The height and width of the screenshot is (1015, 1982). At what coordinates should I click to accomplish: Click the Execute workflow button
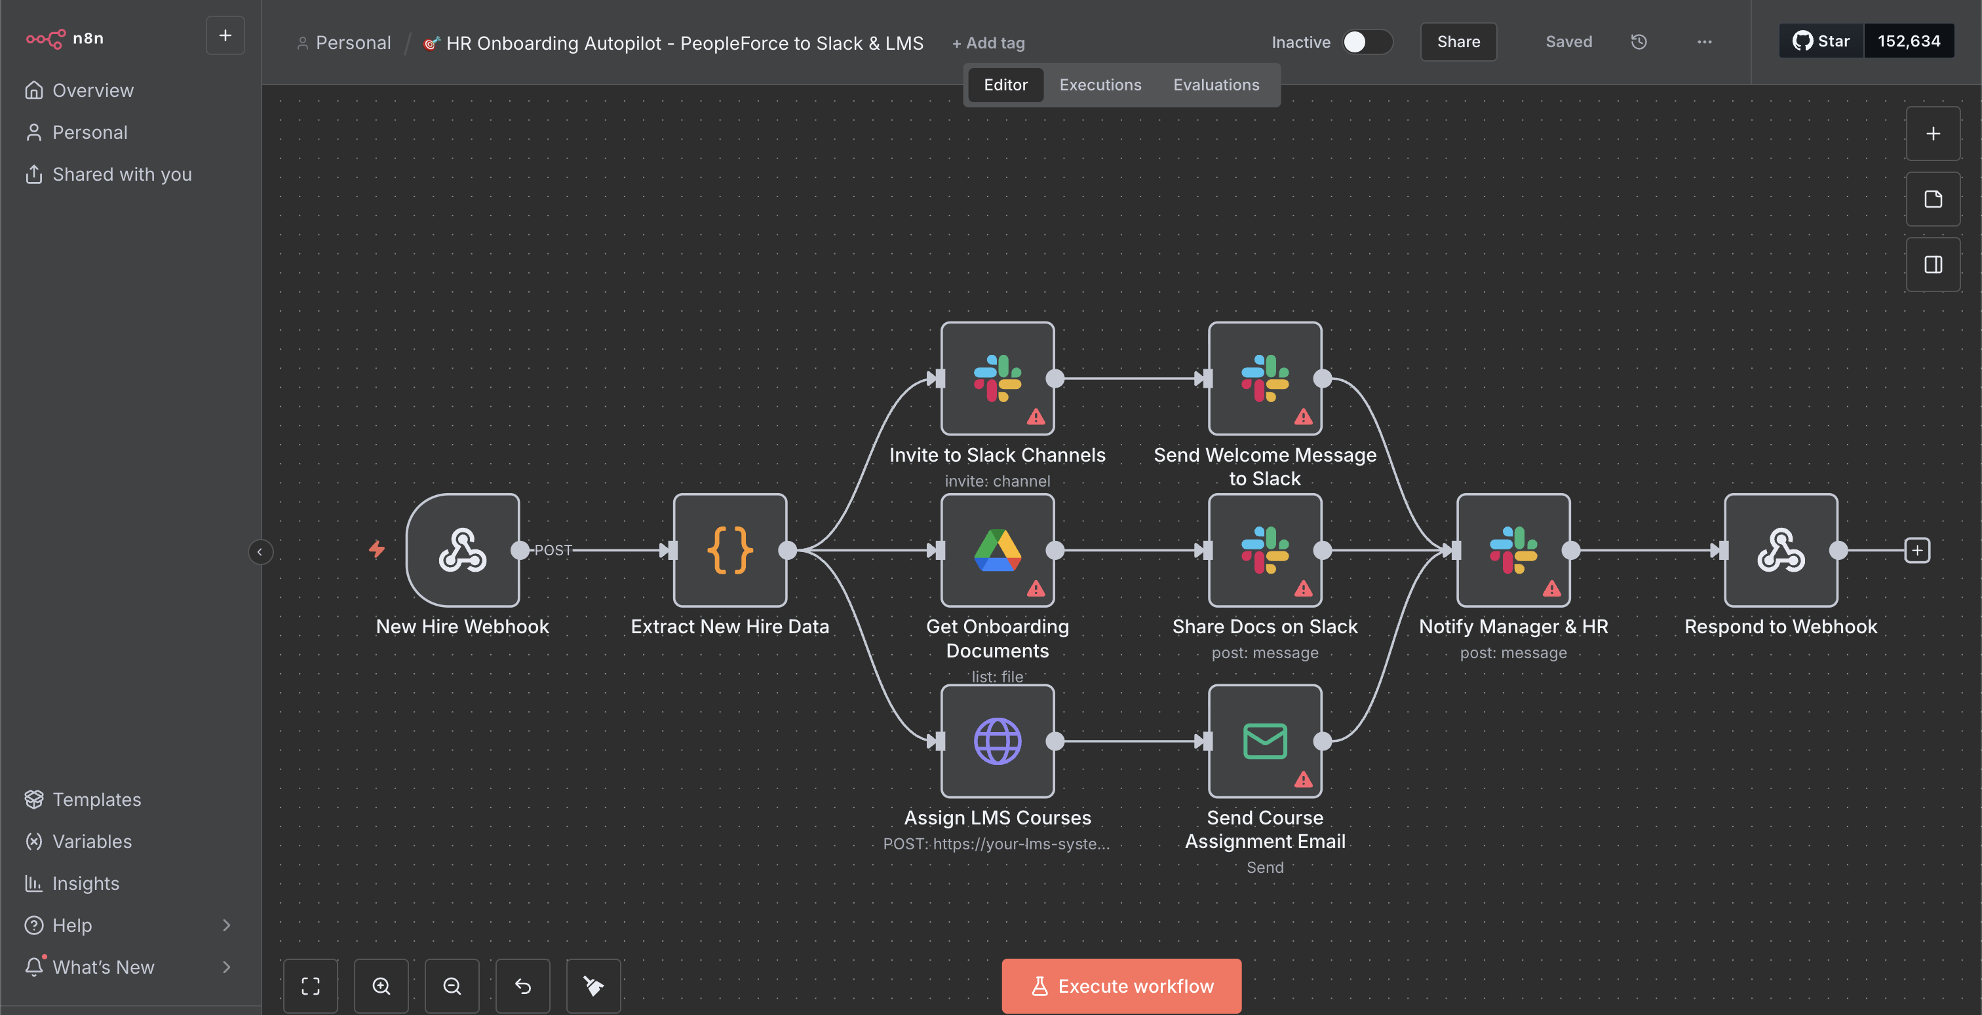coord(1121,986)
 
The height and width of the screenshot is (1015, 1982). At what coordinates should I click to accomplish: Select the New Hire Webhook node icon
coord(463,550)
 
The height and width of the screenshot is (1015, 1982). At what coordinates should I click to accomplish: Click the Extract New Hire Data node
coord(729,550)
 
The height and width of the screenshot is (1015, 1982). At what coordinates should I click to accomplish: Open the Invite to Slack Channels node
coord(997,378)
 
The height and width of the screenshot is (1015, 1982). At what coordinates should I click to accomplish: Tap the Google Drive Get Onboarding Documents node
coord(997,550)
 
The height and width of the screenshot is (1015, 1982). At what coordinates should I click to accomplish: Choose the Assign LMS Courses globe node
coord(997,741)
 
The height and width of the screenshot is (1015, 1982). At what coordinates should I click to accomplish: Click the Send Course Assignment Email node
coord(1264,741)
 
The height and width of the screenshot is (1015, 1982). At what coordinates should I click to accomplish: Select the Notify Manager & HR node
coord(1513,550)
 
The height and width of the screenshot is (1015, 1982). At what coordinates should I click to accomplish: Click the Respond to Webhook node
coord(1780,550)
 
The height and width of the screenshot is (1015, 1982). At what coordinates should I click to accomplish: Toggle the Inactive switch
coord(1367,43)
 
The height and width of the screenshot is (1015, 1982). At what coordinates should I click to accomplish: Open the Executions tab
coord(1100,84)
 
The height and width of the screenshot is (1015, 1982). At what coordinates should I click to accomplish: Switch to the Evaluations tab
coord(1216,84)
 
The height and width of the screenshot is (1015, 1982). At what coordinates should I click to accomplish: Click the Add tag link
coord(988,43)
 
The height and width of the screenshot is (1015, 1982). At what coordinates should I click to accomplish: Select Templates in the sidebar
coord(96,800)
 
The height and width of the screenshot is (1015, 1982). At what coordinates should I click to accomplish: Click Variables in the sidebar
coord(92,841)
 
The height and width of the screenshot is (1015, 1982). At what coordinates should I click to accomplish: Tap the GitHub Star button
coord(1821,41)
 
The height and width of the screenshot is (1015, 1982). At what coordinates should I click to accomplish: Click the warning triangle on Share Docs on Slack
coord(1302,589)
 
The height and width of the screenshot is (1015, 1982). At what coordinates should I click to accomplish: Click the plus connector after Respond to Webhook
coord(1916,550)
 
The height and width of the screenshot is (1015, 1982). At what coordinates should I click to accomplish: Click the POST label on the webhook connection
coord(553,550)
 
